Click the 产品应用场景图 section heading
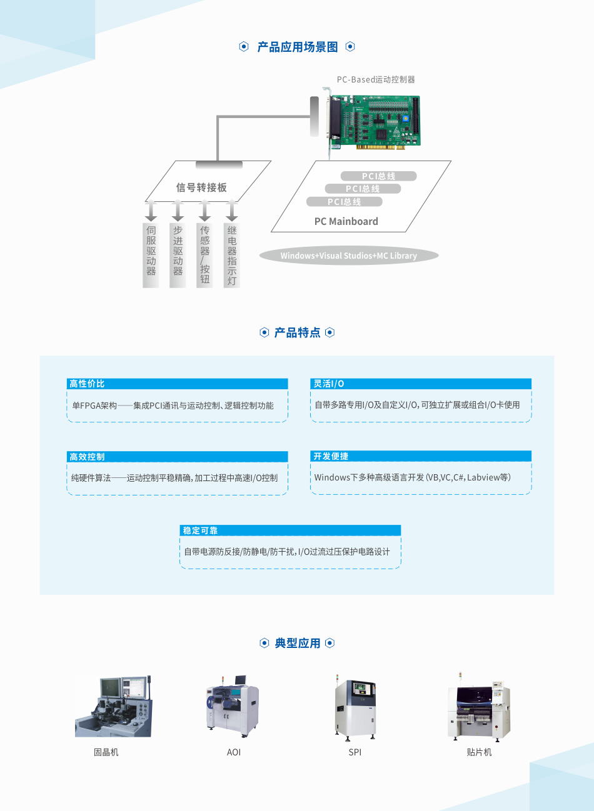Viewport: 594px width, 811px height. click(x=297, y=47)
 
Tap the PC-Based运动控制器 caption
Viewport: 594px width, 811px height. click(x=376, y=79)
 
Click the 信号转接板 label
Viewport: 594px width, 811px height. click(x=201, y=187)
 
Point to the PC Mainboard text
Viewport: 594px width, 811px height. click(x=346, y=221)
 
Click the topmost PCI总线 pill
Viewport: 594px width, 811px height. click(x=378, y=176)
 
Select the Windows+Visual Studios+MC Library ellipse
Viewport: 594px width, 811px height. click(x=349, y=256)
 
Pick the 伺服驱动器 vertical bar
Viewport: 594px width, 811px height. click(x=151, y=256)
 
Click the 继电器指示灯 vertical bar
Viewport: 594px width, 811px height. click(x=232, y=256)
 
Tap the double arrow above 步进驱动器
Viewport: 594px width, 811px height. click(x=178, y=211)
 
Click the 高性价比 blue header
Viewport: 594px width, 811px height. click(x=177, y=384)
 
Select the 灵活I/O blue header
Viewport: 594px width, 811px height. click(x=421, y=384)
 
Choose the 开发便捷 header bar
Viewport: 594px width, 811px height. click(x=421, y=456)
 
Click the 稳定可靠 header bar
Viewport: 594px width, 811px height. click(x=290, y=530)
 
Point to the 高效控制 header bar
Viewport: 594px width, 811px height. click(x=177, y=457)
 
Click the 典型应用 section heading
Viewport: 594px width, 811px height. click(x=297, y=643)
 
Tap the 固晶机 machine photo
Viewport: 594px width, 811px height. click(x=113, y=706)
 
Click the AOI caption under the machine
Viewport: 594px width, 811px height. click(x=234, y=752)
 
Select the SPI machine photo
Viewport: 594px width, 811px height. click(x=356, y=707)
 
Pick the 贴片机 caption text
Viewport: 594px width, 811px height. click(x=479, y=752)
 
